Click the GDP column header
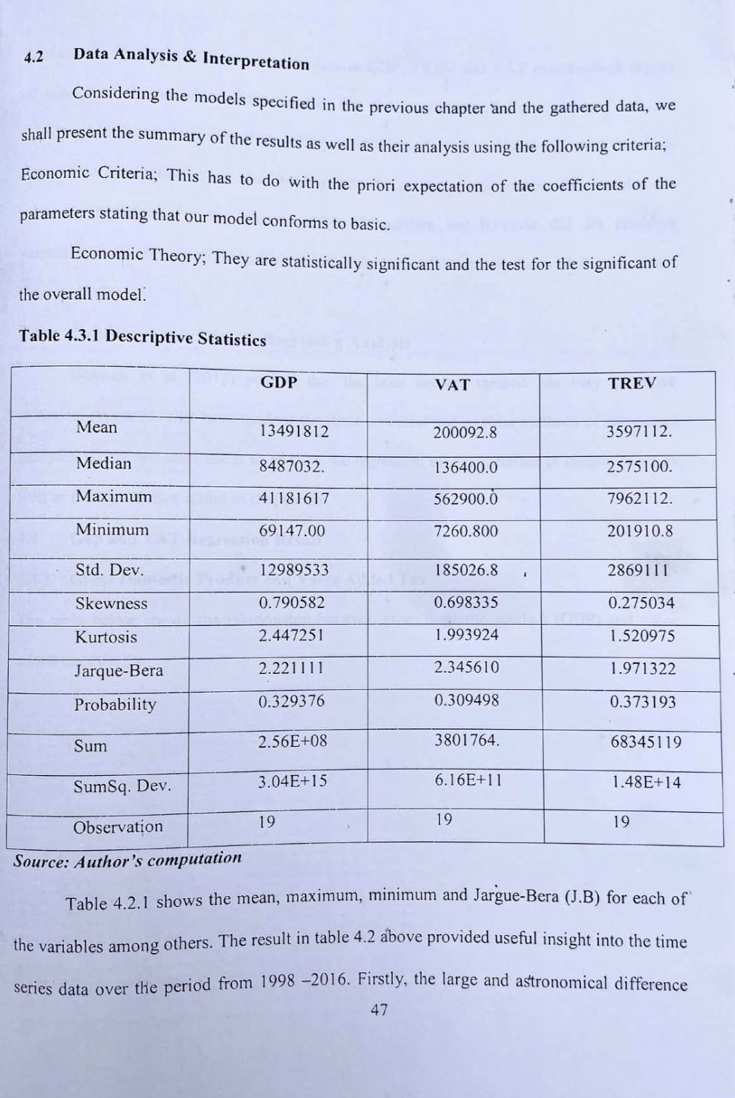pos(279,382)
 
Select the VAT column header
pos(453,385)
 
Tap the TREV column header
pos(632,383)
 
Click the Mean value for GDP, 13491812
pos(294,432)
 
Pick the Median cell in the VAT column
pos(465,467)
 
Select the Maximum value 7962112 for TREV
pos(640,498)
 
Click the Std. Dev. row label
pos(110,570)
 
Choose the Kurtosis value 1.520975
pos(642,636)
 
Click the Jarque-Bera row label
pos(119,670)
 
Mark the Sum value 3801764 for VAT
pos(466,740)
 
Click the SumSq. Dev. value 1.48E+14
pos(646,782)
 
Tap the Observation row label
pos(118,827)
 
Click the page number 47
pos(379,1009)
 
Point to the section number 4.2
pos(34,57)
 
